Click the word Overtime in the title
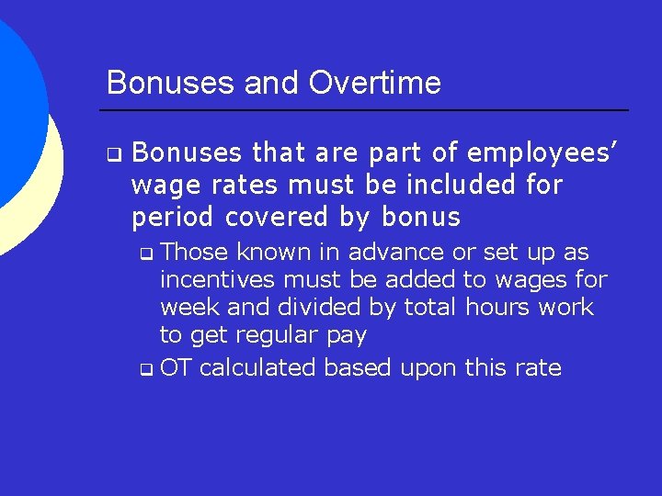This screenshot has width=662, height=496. coord(375,83)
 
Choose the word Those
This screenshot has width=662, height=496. coord(194,252)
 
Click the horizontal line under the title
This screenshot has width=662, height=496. coord(367,110)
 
